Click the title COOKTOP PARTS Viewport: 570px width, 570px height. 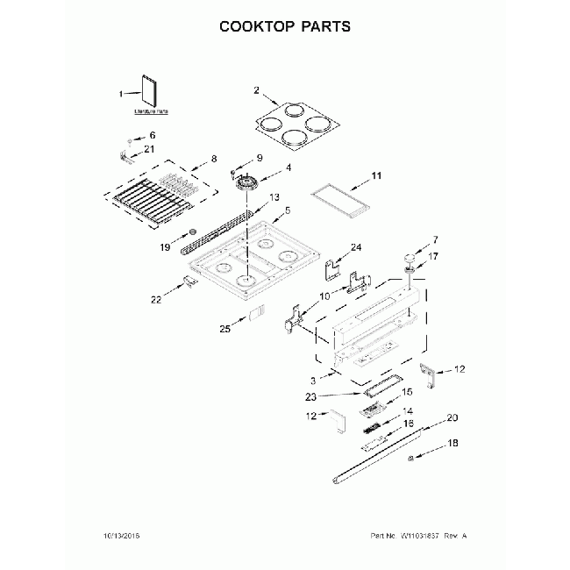pyautogui.click(x=284, y=25)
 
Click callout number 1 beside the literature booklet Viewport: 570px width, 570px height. pyautogui.click(x=123, y=94)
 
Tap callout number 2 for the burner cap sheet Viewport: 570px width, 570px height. pyautogui.click(x=256, y=90)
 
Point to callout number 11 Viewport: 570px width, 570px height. pyautogui.click(x=376, y=176)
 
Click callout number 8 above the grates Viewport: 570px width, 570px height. pyautogui.click(x=213, y=160)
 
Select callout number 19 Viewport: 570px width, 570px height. pyautogui.click(x=164, y=248)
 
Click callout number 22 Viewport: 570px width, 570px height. pyautogui.click(x=156, y=299)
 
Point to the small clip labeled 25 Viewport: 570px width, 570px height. pyautogui.click(x=257, y=313)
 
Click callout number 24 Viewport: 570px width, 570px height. pyautogui.click(x=356, y=248)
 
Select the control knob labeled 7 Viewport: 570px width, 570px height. pyautogui.click(x=409, y=257)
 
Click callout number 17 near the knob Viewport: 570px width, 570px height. pyautogui.click(x=433, y=258)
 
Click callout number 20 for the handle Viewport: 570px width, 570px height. pyautogui.click(x=452, y=417)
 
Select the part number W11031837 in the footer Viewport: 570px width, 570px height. pyautogui.click(x=422, y=535)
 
